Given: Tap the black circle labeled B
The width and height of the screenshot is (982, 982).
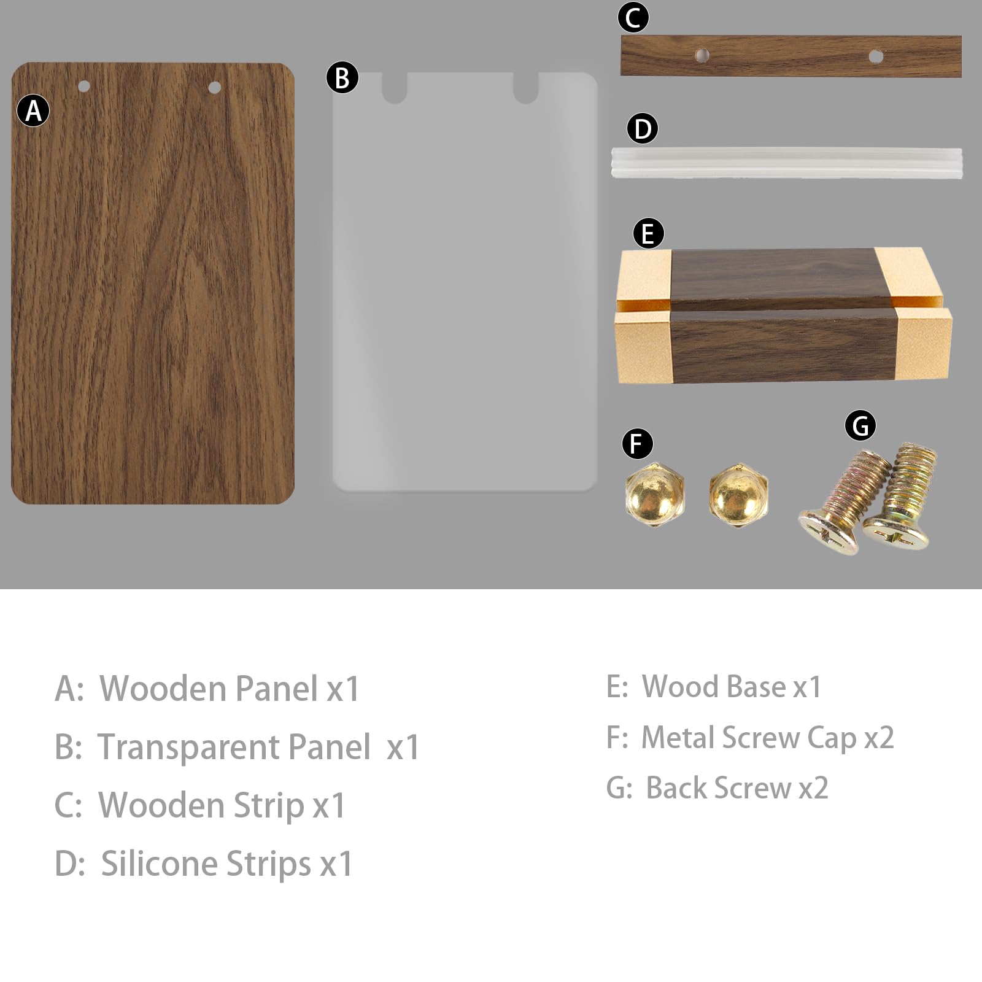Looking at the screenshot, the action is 342,77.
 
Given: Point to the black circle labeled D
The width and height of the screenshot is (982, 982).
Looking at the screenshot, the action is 643,129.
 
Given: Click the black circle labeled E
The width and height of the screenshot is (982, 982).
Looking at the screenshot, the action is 648,233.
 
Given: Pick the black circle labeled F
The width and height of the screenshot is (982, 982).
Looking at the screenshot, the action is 637,444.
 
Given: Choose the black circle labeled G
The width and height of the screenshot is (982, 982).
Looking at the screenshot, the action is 860,425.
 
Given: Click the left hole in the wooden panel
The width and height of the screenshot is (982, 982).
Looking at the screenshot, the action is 84,87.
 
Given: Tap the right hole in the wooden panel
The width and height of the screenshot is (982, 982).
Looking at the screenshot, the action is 214,88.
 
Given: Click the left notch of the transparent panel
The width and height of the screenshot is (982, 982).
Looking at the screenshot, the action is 395,88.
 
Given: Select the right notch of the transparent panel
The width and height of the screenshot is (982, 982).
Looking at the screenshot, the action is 526,88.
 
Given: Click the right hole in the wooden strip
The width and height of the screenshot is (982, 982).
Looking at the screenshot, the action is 876,57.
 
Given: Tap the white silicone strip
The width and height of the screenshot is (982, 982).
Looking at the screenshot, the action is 787,162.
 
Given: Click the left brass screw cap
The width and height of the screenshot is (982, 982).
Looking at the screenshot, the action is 654,494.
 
